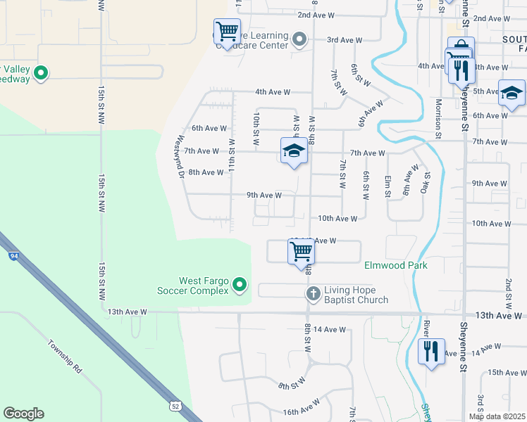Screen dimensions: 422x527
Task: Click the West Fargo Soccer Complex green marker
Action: pyautogui.click(x=240, y=285)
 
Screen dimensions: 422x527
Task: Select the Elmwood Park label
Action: pyautogui.click(x=395, y=266)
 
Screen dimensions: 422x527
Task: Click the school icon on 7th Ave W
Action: pyautogui.click(x=294, y=151)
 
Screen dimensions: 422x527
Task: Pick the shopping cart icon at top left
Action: pyautogui.click(x=226, y=31)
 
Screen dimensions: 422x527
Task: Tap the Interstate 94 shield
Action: pyautogui.click(x=14, y=256)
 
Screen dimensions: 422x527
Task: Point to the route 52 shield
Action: pyautogui.click(x=174, y=406)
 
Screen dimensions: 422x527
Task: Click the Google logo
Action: pyautogui.click(x=23, y=414)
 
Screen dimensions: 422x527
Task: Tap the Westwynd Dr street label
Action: pyautogui.click(x=182, y=155)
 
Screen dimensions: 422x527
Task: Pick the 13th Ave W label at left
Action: pyautogui.click(x=127, y=311)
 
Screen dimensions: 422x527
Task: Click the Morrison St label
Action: pyautogui.click(x=438, y=113)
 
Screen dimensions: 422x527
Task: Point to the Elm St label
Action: pyautogui.click(x=387, y=186)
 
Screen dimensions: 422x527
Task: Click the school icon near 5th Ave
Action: pyautogui.click(x=511, y=92)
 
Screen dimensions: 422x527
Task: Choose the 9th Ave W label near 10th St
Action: pyautogui.click(x=264, y=195)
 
